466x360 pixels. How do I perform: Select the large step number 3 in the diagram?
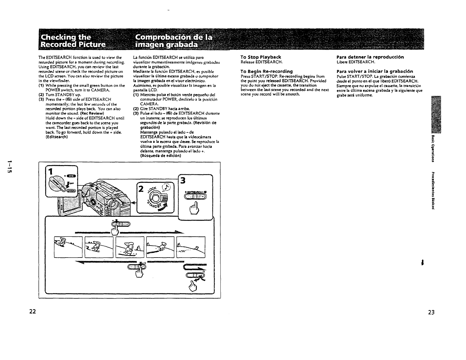183,181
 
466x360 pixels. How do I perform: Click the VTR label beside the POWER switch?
71,176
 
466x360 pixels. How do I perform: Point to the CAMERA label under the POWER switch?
71,191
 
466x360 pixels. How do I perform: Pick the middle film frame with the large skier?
130,247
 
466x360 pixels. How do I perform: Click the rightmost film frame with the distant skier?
191,247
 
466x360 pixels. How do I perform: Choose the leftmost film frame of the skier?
68,247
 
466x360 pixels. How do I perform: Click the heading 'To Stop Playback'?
261,57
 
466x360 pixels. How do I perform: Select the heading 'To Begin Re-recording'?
266,71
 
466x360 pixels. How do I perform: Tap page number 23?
431,312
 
